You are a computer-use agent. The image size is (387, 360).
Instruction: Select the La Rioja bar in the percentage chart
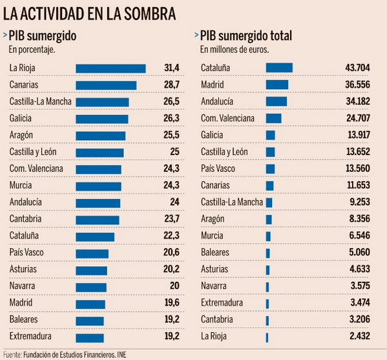tap(110, 68)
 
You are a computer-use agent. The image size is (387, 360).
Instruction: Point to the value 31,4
tap(171, 68)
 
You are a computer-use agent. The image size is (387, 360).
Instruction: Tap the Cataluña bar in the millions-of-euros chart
tap(279, 67)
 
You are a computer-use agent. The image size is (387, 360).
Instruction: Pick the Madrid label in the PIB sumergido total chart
tap(212, 84)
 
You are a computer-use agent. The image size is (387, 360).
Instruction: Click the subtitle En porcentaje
tap(32, 48)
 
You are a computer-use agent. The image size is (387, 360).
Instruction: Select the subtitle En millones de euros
tap(233, 48)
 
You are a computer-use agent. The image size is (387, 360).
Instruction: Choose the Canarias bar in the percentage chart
tap(106, 85)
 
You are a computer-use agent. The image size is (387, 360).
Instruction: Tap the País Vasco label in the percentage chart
tap(26, 252)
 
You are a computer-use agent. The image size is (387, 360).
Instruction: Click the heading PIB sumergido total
tap(246, 36)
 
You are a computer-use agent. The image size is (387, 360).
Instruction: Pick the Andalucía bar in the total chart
tap(276, 101)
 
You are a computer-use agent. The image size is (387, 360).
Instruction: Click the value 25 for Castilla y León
tap(174, 152)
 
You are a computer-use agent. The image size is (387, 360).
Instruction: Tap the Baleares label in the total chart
tap(215, 252)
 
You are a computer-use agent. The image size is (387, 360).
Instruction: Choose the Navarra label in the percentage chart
tap(23, 286)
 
